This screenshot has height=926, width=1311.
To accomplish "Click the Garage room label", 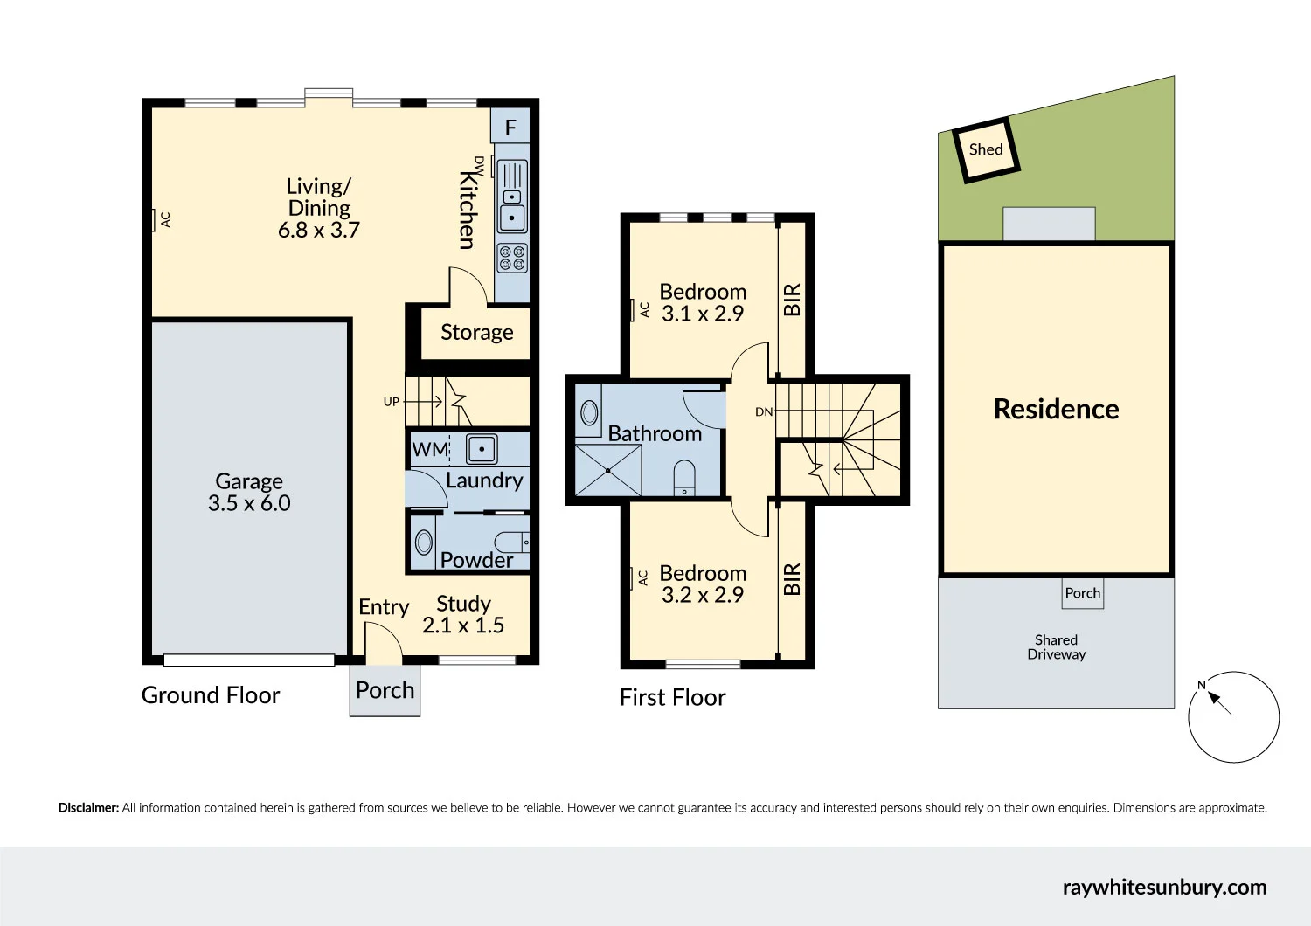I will click(249, 482).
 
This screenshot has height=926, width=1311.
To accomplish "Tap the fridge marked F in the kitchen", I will click(510, 128).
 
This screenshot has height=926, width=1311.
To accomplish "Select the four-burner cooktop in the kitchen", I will click(512, 258).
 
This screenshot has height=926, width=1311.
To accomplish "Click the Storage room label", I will click(476, 332).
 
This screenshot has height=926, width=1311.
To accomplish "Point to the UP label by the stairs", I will click(392, 402).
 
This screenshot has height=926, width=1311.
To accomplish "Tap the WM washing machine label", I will click(430, 449).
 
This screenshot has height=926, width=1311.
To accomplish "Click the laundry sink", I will click(482, 449).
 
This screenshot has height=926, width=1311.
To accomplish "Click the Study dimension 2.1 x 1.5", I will click(463, 625).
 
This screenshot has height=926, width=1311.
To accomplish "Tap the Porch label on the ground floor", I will click(385, 690).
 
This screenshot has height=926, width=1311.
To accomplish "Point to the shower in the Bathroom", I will click(608, 470).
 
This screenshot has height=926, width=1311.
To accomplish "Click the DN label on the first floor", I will click(764, 411).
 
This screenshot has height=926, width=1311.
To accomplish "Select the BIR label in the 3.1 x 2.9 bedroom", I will click(792, 300).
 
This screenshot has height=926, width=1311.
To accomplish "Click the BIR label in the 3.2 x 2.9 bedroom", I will click(792, 579).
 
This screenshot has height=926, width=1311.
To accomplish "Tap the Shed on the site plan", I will click(987, 150).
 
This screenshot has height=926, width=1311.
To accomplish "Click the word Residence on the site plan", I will click(1056, 409).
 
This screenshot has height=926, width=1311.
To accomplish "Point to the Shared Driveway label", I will click(1056, 647).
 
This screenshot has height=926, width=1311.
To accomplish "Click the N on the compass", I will click(1202, 684).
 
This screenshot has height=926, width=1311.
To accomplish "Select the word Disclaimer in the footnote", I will click(88, 808).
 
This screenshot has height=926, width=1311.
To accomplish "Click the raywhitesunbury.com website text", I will click(1164, 887).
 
